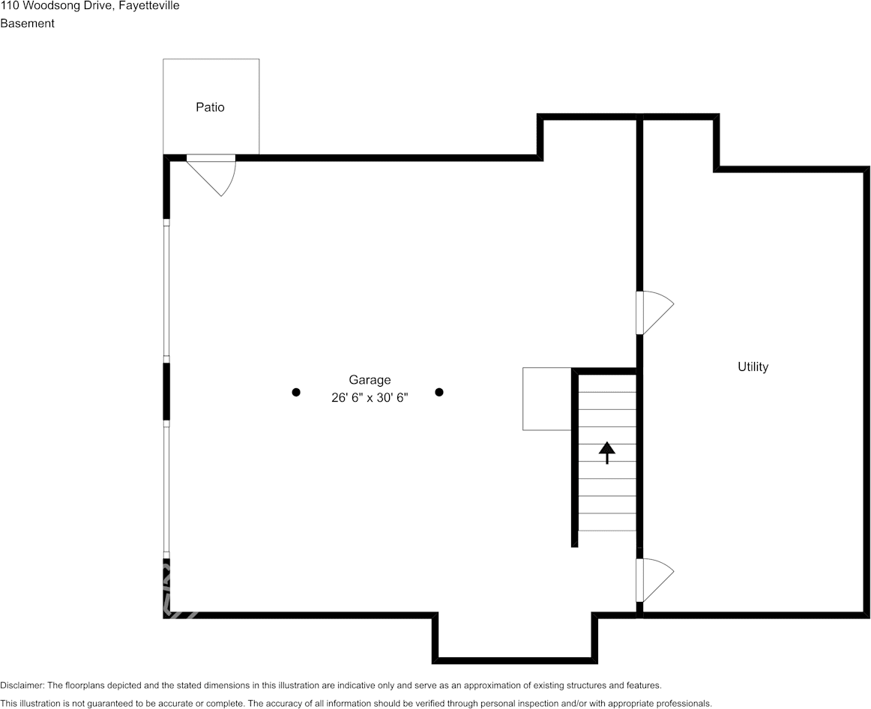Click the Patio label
click(210, 107)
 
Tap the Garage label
click(370, 380)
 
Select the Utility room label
click(753, 366)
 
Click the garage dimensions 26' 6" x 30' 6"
click(370, 397)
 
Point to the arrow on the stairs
click(606, 453)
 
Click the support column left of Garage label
click(296, 392)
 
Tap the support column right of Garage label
click(438, 392)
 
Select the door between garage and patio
click(211, 175)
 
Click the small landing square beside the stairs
click(547, 399)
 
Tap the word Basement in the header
click(27, 23)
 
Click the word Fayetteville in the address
click(149, 6)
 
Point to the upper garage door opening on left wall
click(166, 290)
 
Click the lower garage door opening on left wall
click(166, 489)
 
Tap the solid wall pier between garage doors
click(166, 391)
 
